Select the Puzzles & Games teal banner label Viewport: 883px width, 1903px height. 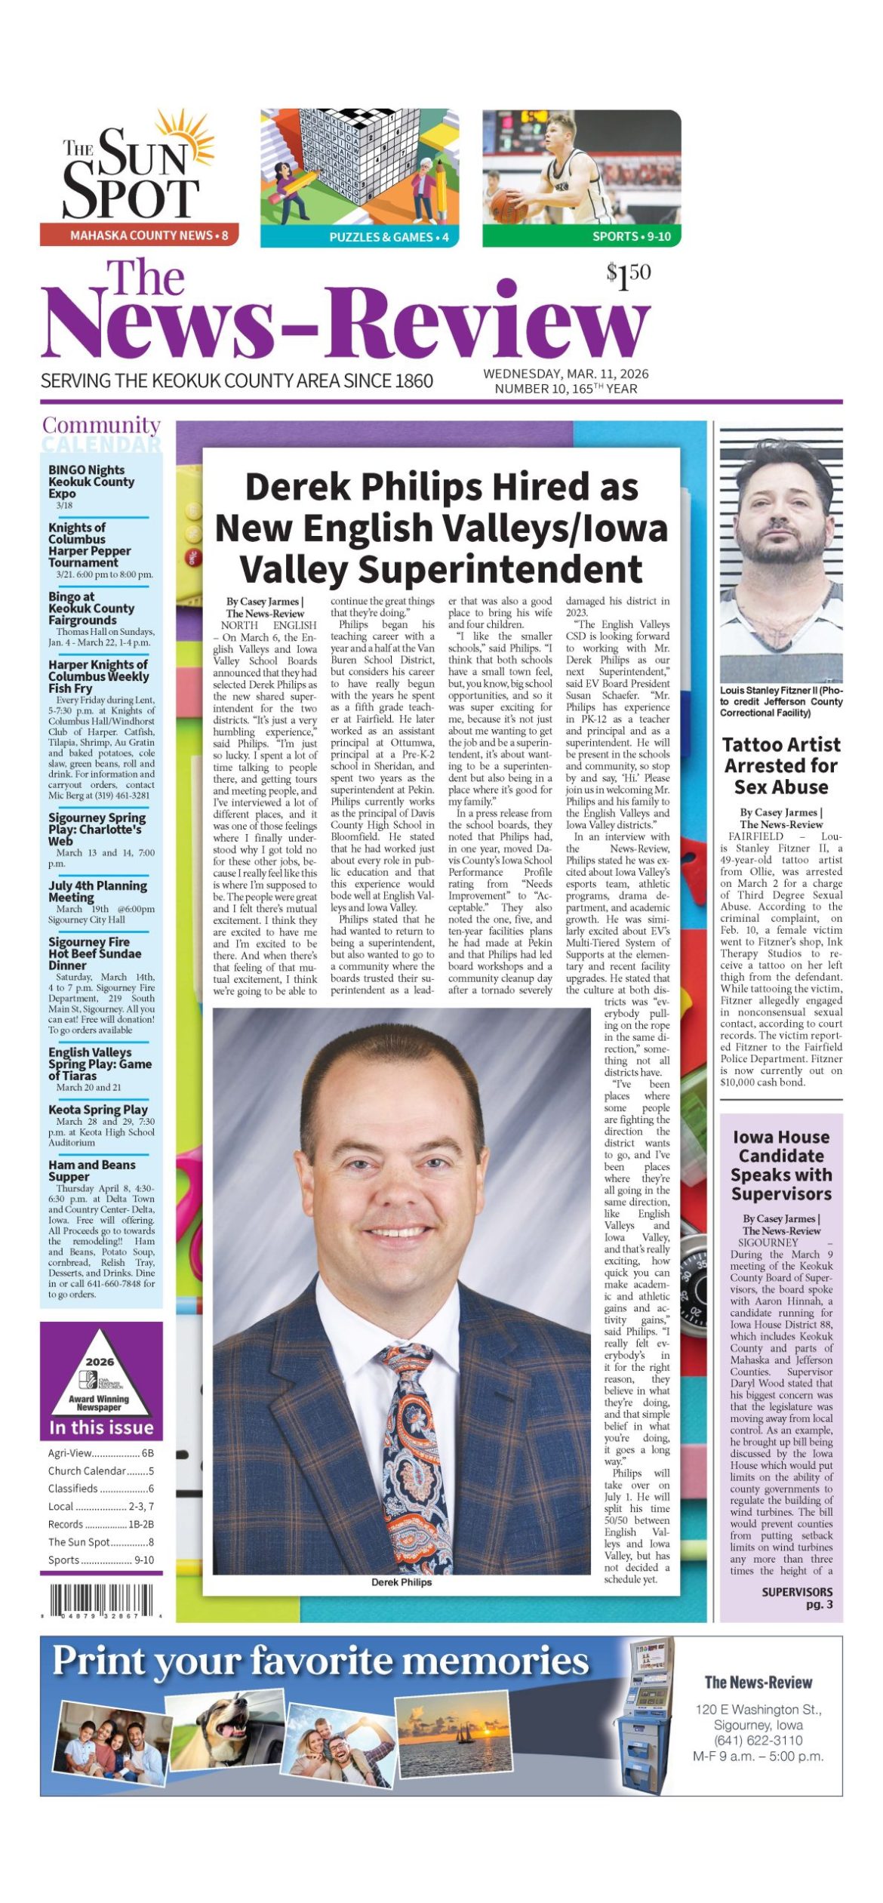[x=389, y=237]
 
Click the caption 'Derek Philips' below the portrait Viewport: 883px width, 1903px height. [x=402, y=1581]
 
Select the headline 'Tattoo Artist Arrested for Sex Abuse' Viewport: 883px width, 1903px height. [x=780, y=765]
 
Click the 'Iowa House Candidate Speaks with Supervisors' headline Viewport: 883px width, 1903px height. [x=780, y=1165]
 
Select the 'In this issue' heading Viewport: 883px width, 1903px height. [x=101, y=1427]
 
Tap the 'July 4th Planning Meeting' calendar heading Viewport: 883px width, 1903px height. [x=97, y=891]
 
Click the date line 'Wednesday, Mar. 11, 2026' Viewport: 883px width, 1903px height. [x=565, y=374]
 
